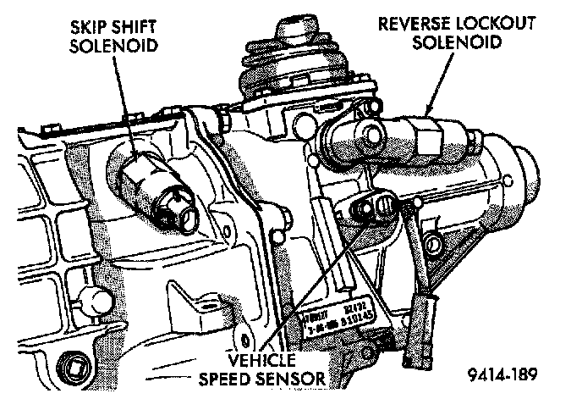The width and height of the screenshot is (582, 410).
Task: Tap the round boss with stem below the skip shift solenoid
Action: pos(100,298)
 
